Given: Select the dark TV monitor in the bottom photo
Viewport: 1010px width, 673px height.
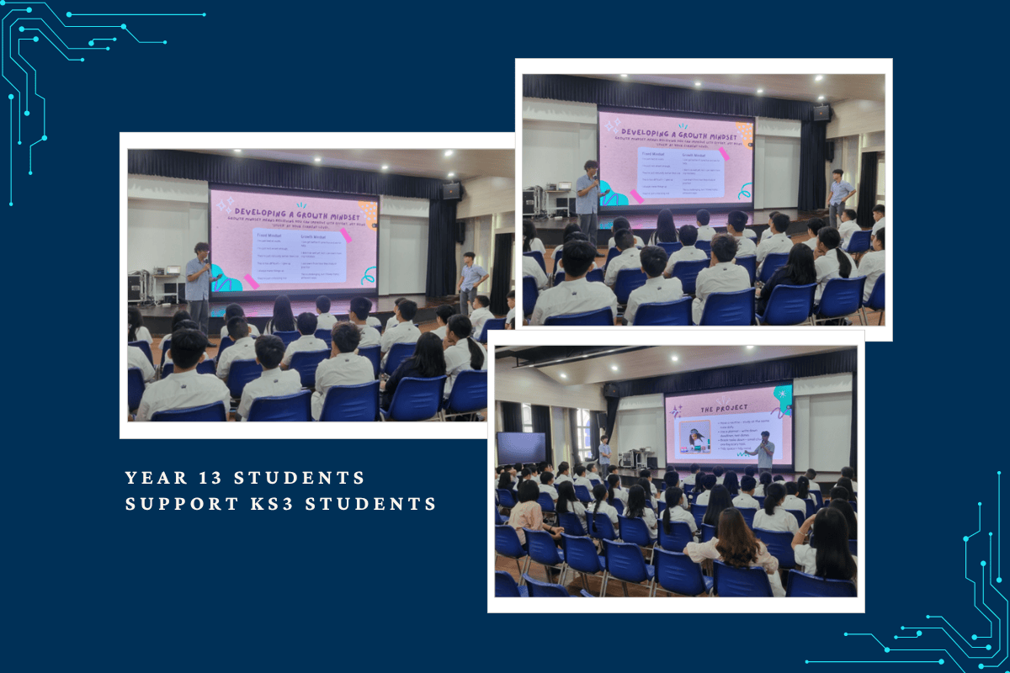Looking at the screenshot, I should (521, 448).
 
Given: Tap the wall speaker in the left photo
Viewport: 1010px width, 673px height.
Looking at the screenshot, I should (452, 191).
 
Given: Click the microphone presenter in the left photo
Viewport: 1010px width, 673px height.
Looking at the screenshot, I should (199, 277).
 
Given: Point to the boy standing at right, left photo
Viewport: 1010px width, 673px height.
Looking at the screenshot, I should (472, 282).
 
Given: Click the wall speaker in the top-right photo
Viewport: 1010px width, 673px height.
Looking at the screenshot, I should (821, 113).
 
